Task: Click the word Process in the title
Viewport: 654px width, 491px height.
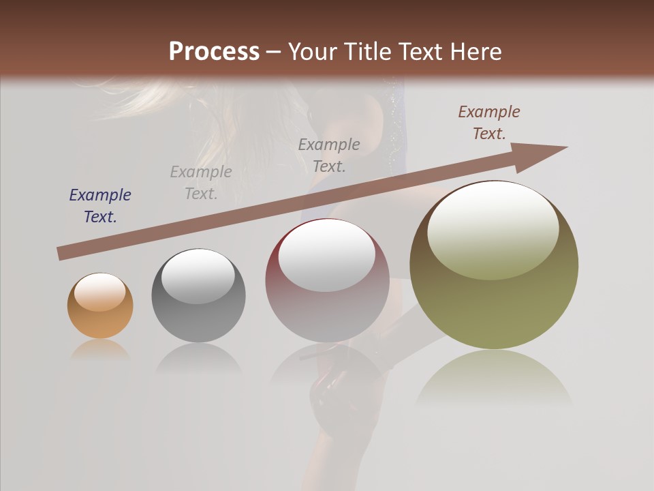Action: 214,52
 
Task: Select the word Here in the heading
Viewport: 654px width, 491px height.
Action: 475,52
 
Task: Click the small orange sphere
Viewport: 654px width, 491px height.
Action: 100,306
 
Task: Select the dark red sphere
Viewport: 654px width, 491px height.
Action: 327,281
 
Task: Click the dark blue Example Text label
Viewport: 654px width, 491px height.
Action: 100,206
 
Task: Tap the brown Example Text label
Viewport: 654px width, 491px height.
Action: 489,123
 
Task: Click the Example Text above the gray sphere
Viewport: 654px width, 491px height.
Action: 201,183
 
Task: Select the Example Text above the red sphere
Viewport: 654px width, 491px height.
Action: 329,155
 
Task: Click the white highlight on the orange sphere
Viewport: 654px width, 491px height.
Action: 100,292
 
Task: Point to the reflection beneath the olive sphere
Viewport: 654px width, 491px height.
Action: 494,378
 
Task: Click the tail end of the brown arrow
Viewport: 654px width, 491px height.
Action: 63,253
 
